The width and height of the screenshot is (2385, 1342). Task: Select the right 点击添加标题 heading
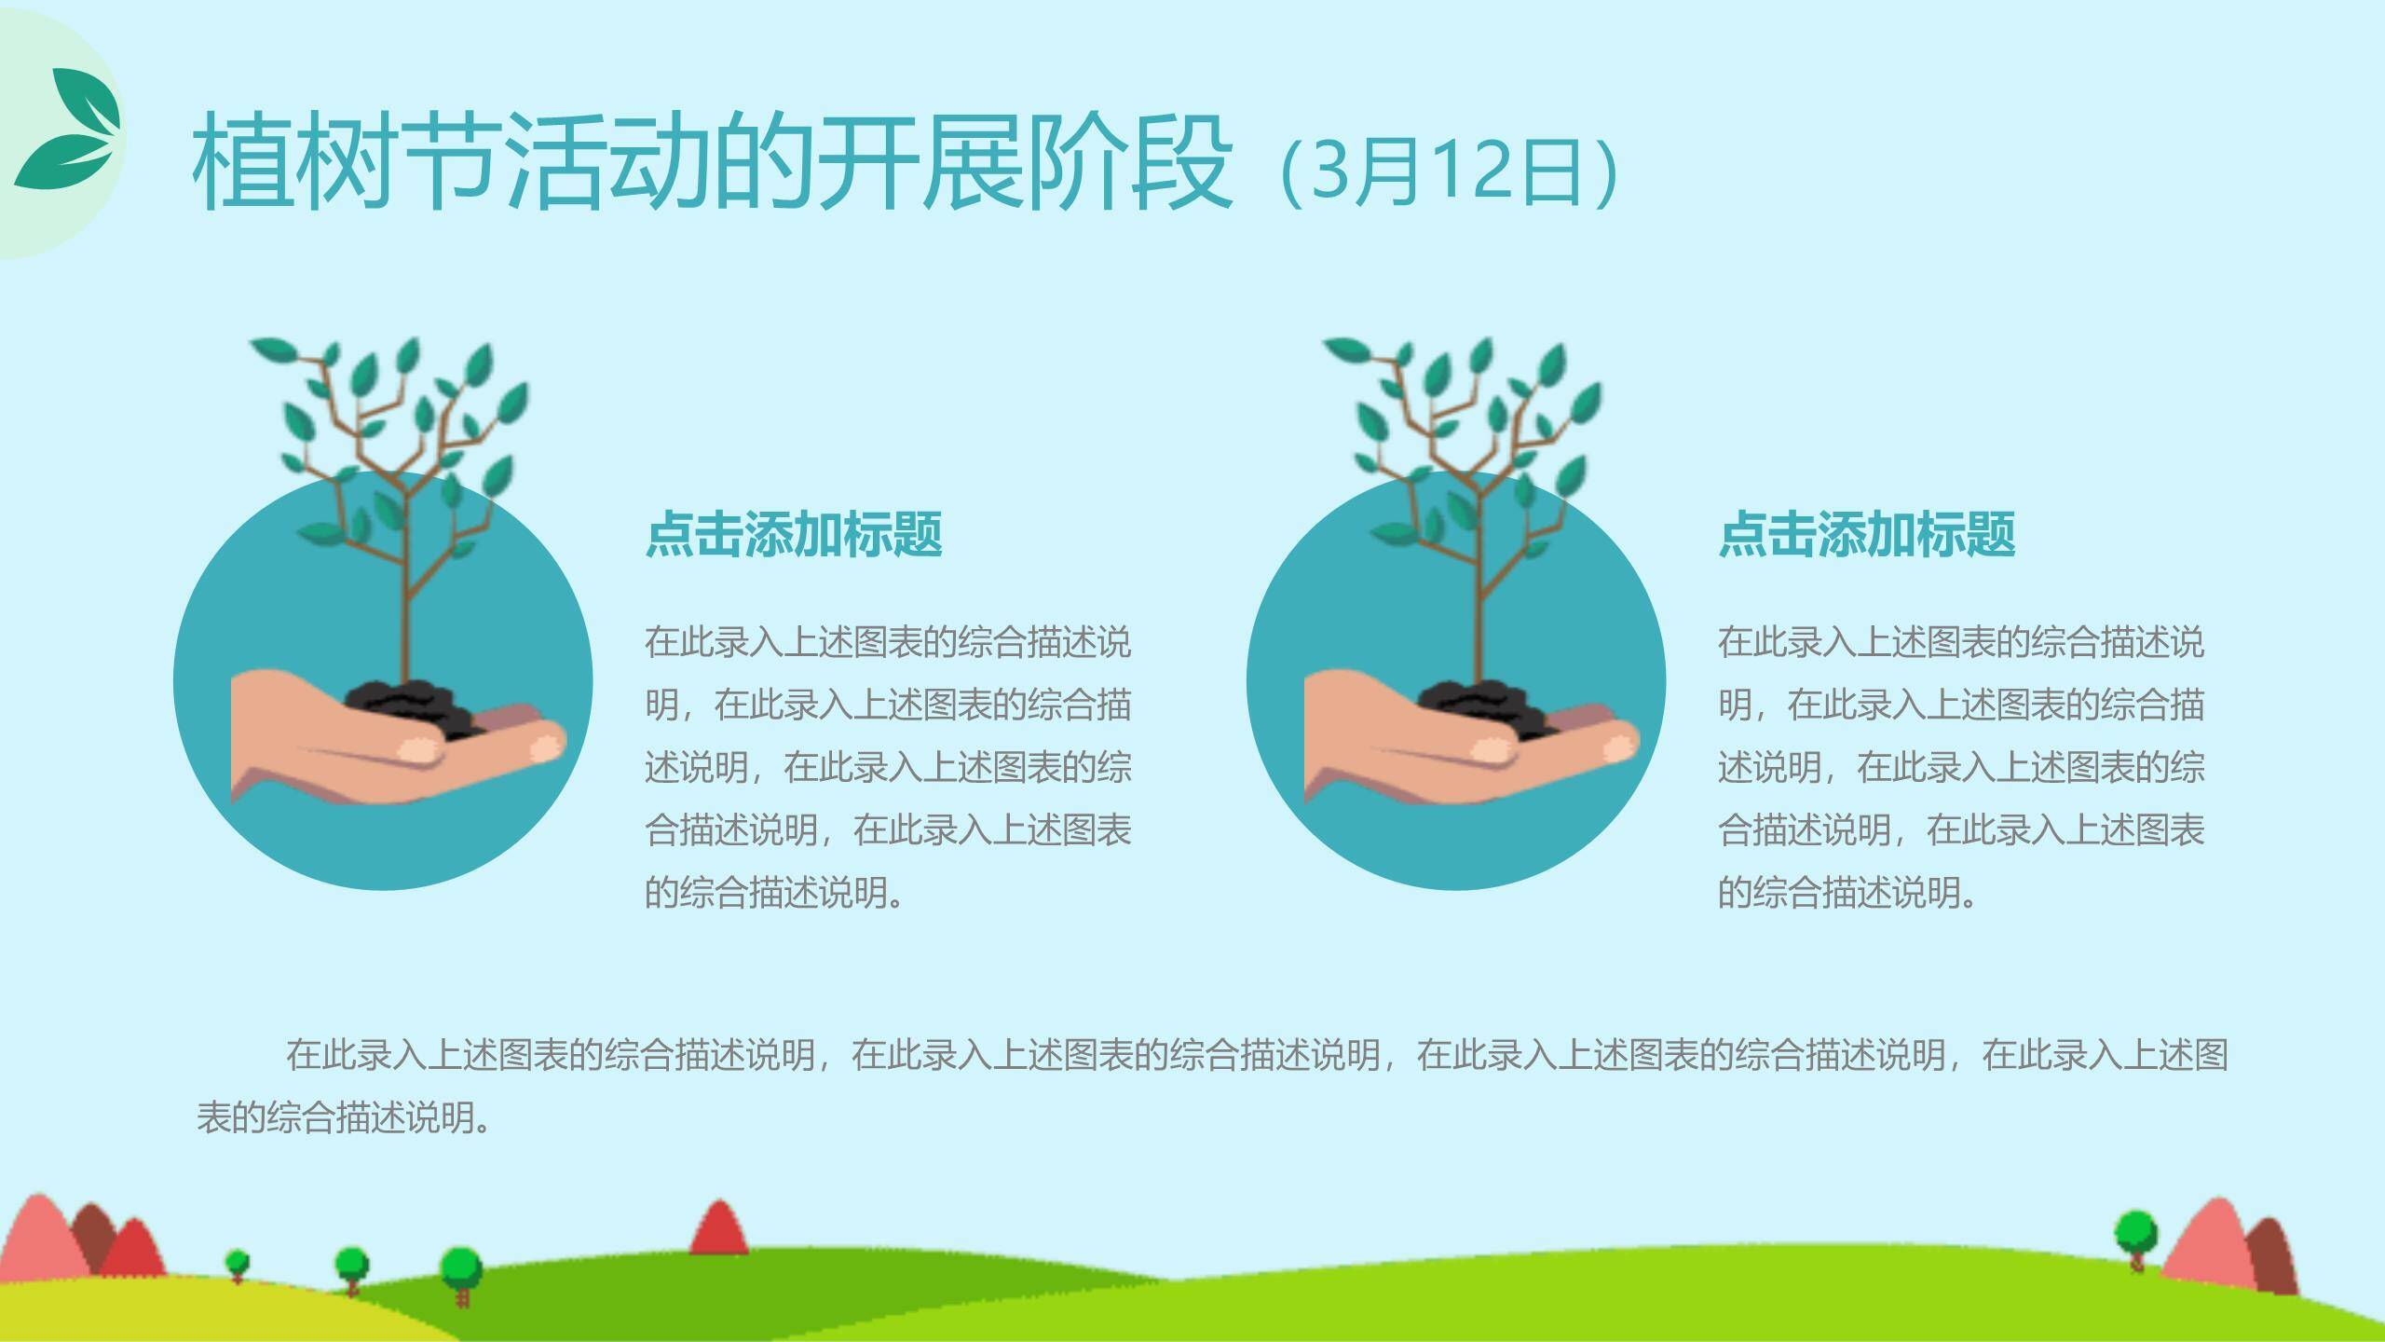point(1866,534)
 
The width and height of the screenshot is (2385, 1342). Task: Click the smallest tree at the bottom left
point(238,1264)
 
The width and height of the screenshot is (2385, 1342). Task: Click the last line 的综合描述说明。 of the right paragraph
point(1847,893)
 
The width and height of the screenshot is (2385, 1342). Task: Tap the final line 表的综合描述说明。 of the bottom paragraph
point(345,1116)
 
